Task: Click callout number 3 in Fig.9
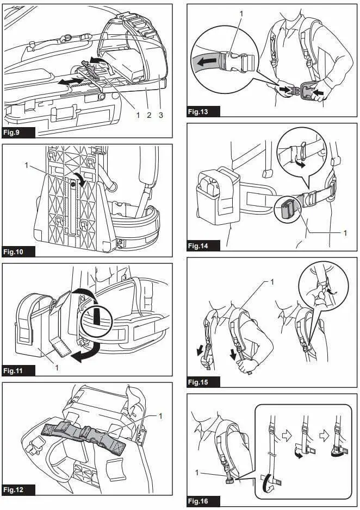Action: [x=161, y=115]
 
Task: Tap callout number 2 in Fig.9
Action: [x=149, y=115]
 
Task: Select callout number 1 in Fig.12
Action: [x=161, y=415]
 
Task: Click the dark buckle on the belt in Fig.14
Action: [x=289, y=209]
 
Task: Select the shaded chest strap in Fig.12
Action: [x=84, y=435]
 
